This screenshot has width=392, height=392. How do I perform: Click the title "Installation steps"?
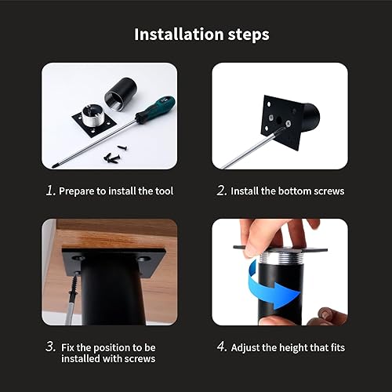(x=201, y=34)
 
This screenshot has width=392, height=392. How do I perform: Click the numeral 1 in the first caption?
(x=49, y=191)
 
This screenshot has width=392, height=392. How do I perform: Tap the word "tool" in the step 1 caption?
(x=161, y=191)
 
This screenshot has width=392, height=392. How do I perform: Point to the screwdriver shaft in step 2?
(x=247, y=148)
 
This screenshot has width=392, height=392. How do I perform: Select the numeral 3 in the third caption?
(x=49, y=347)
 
